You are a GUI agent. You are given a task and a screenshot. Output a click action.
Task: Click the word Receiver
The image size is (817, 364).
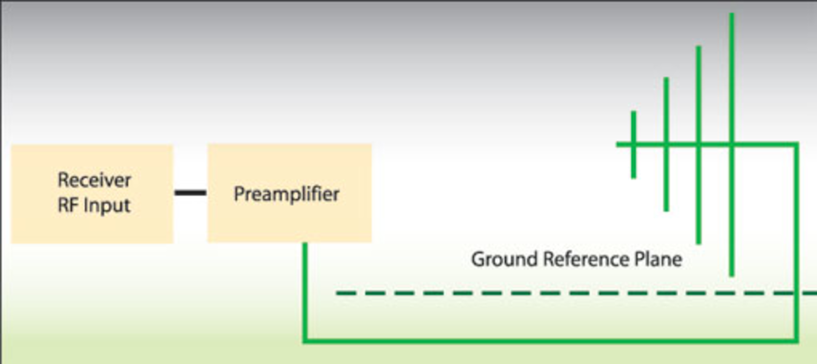(94, 180)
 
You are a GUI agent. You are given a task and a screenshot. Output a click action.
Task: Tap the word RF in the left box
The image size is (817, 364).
(67, 205)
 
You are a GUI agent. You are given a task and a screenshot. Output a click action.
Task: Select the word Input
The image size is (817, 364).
(107, 206)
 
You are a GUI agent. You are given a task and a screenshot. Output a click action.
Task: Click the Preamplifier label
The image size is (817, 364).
(286, 194)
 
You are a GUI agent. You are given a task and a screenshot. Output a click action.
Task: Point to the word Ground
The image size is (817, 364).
(504, 259)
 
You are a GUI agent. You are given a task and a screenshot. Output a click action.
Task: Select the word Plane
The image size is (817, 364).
(658, 259)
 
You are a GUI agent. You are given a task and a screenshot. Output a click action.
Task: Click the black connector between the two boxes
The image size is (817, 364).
(190, 193)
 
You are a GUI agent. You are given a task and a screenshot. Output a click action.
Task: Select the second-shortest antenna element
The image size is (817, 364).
(666, 106)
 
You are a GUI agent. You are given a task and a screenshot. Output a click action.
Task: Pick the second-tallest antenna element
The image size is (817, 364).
(698, 85)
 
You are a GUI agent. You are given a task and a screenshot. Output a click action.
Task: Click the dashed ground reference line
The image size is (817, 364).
(511, 293)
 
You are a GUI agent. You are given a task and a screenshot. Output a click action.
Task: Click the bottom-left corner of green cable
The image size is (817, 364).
(305, 340)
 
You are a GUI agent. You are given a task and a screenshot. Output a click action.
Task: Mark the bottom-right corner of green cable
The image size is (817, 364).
(796, 340)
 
